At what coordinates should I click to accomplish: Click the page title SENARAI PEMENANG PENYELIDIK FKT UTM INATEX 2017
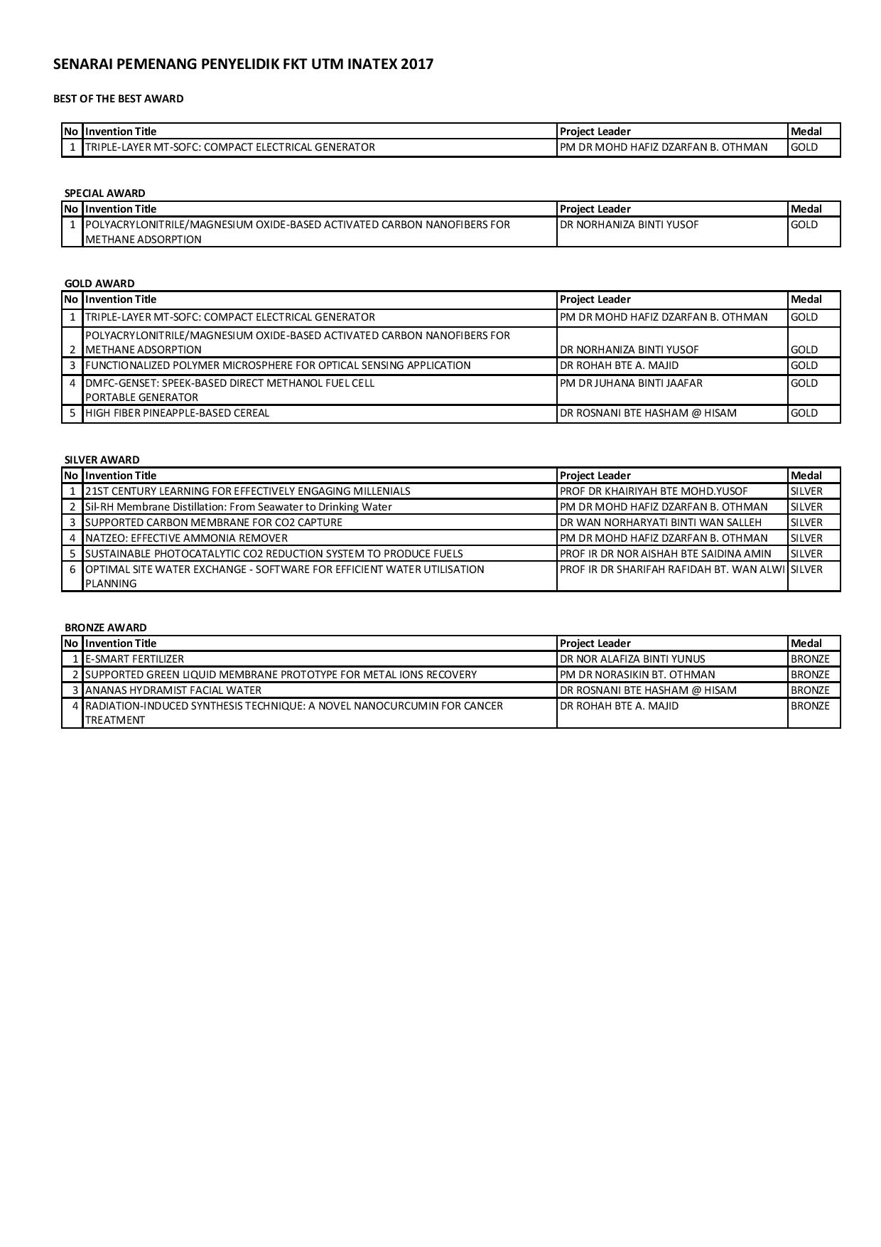pos(243,65)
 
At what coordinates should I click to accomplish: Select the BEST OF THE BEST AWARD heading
pos(118,99)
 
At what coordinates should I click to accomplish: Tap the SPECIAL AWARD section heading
pos(104,193)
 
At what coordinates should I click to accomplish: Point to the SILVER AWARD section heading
pos(102,460)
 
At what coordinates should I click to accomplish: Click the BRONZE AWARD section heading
pos(105,628)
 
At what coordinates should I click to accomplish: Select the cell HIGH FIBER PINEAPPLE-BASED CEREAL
pos(177,413)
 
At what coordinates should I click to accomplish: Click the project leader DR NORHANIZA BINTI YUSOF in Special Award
pos(629,225)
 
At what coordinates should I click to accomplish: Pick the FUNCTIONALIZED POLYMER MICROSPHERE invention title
pos(278,365)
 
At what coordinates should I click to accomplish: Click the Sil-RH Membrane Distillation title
pos(238,507)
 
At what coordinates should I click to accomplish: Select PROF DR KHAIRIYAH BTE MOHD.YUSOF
pos(654,491)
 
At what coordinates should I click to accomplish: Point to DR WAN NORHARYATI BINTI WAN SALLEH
pos(661,523)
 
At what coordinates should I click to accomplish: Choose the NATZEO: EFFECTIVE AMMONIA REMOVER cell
pos(186,538)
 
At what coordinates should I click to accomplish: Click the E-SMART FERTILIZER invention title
pos(134,659)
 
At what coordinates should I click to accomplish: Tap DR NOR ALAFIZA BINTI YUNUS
pos(632,659)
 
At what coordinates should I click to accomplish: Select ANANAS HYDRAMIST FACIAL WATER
pos(173,690)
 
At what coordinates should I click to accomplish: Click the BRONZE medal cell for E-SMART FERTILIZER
pos(810,659)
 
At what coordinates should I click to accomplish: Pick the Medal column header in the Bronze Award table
pos(806,643)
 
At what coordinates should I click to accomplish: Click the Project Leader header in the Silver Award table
pos(595,476)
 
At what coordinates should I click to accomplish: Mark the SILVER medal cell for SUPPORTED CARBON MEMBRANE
pos(806,523)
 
